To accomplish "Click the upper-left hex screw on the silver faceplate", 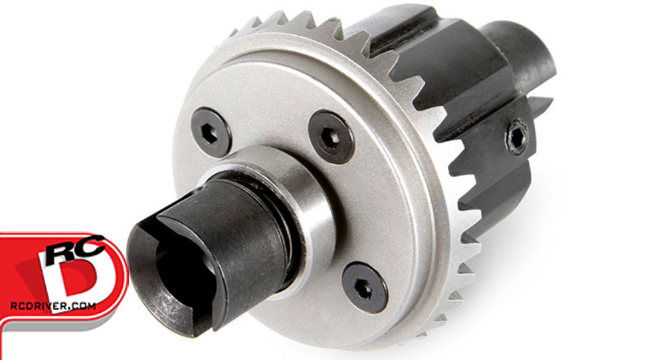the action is (x=211, y=132).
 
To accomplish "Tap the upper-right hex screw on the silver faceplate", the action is (x=332, y=137).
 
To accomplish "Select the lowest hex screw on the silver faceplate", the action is (x=365, y=287).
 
